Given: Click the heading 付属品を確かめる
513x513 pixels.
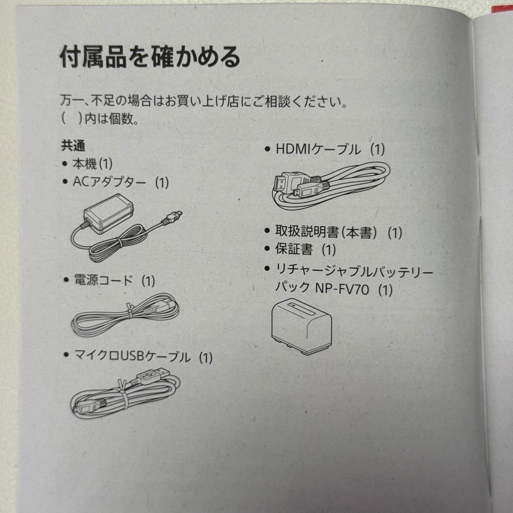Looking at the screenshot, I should (150, 58).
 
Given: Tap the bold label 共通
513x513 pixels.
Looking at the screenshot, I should (73, 146).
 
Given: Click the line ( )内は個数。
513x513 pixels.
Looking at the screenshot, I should (100, 119).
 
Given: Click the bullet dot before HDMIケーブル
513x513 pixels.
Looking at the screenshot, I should (267, 150).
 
